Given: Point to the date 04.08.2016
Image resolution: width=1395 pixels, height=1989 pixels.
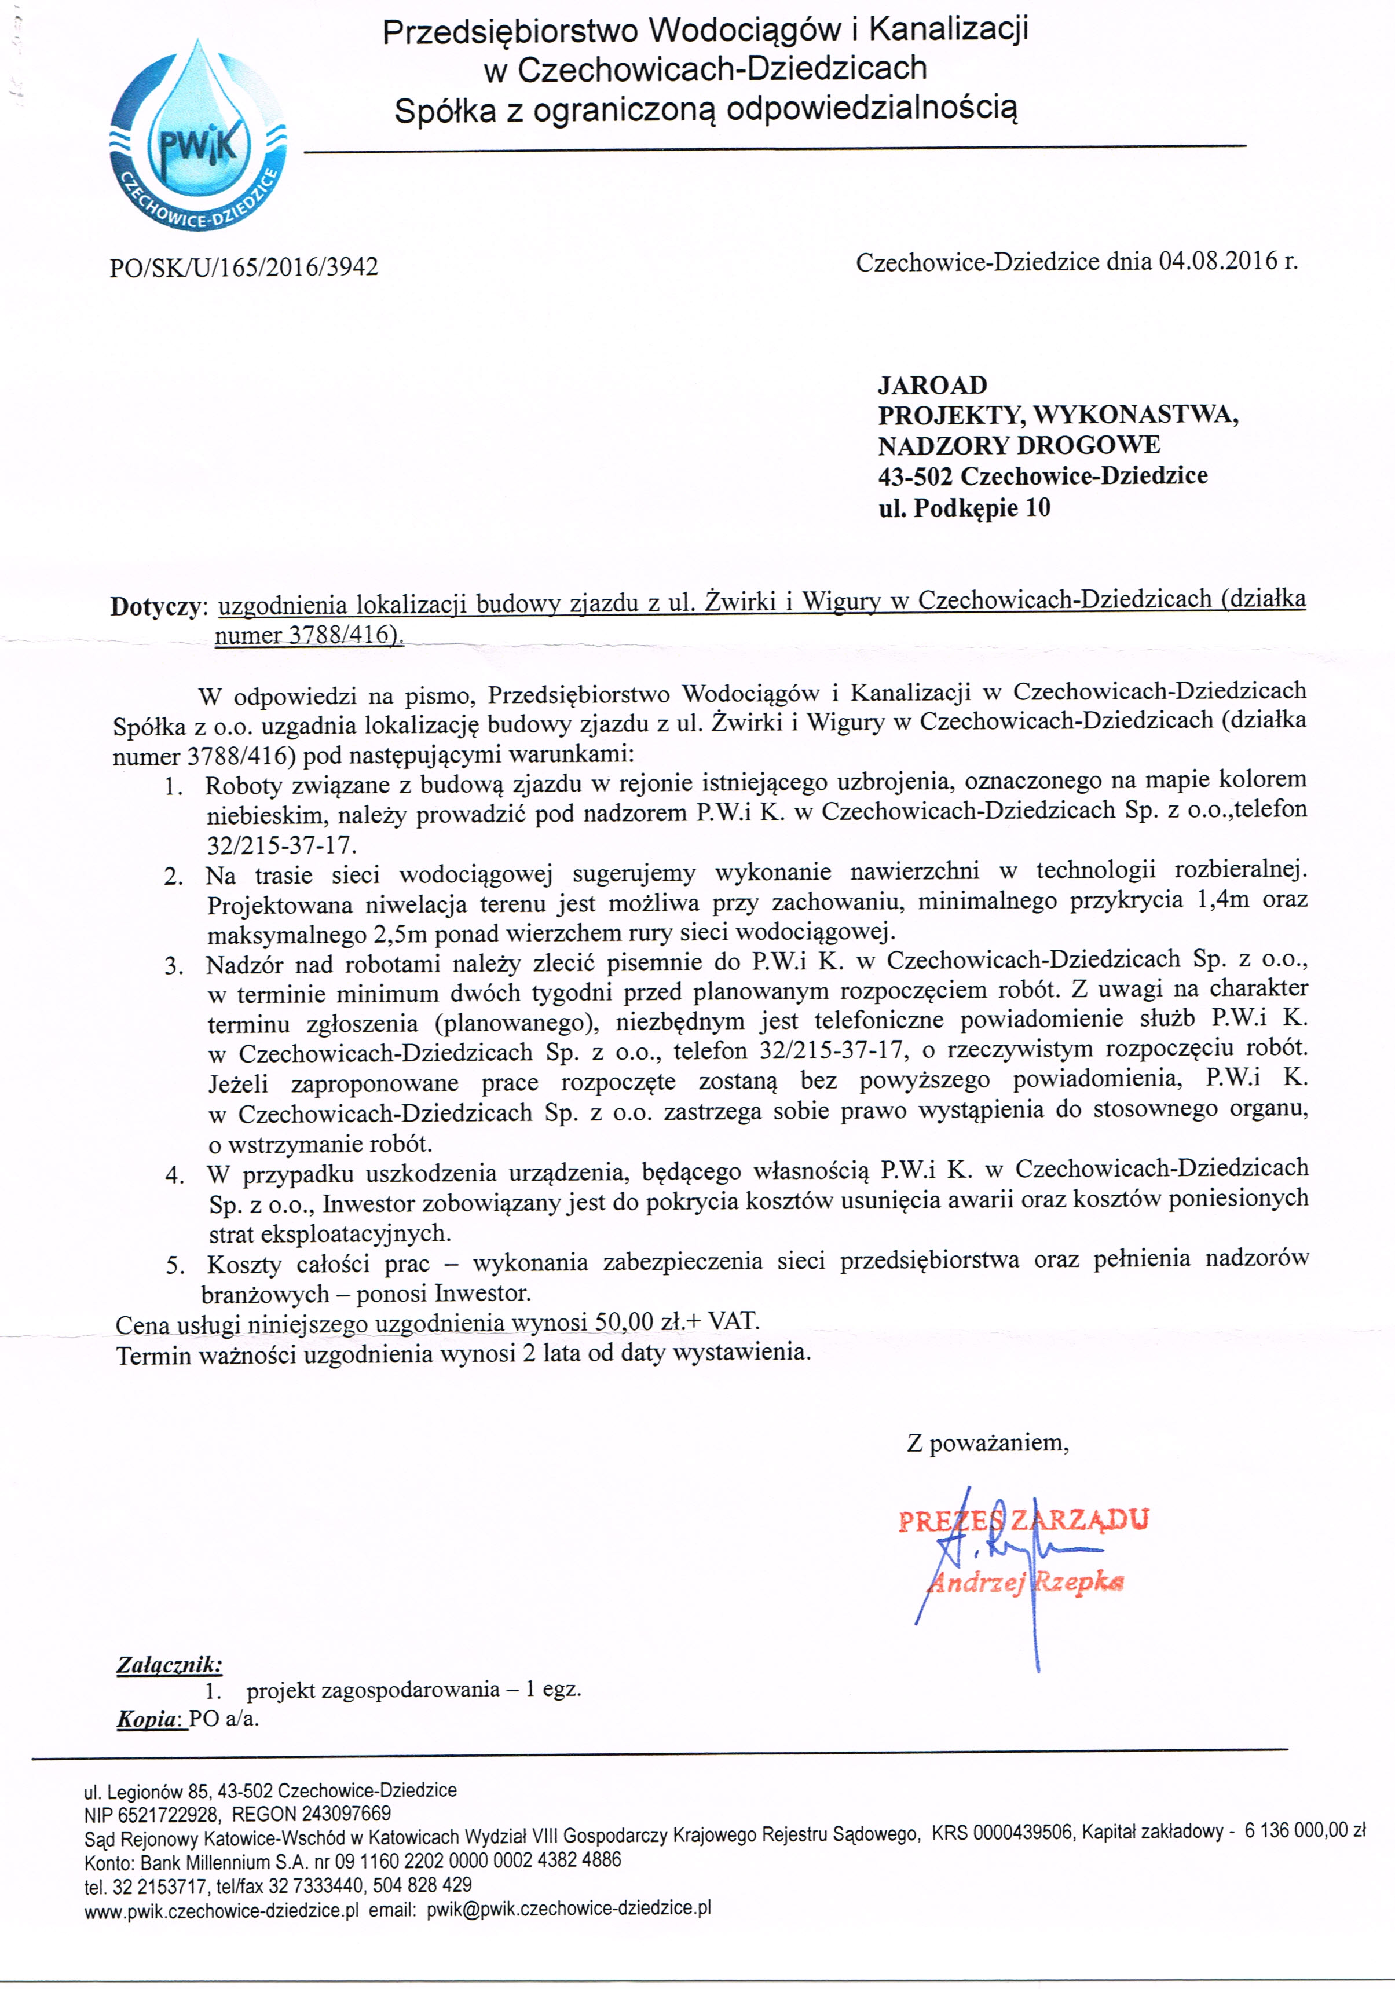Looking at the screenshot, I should click(1217, 261).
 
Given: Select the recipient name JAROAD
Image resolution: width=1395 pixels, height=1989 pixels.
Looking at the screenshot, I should click(932, 384).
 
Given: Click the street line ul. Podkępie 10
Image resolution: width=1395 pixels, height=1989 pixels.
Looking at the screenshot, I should click(964, 508).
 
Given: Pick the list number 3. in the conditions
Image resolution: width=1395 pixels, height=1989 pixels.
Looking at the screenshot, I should click(174, 966).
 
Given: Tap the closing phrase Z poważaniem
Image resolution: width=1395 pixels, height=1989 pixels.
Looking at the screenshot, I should click(987, 1443).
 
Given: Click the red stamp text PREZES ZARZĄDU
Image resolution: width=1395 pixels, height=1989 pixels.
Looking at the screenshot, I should click(1023, 1521).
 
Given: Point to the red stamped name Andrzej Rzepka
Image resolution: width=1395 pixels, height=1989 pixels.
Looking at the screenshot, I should click(1025, 1583).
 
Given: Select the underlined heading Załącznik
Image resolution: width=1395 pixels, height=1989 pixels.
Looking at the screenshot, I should click(169, 1664).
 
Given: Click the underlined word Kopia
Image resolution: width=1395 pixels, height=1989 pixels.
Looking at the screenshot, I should click(148, 1719).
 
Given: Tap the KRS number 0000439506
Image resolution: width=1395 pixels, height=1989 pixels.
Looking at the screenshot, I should click(1023, 1832).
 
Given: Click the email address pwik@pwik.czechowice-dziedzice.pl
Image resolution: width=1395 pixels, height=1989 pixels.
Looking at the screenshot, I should click(569, 1907).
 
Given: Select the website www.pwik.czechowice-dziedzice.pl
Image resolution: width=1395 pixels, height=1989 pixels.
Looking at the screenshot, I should click(221, 1909).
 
